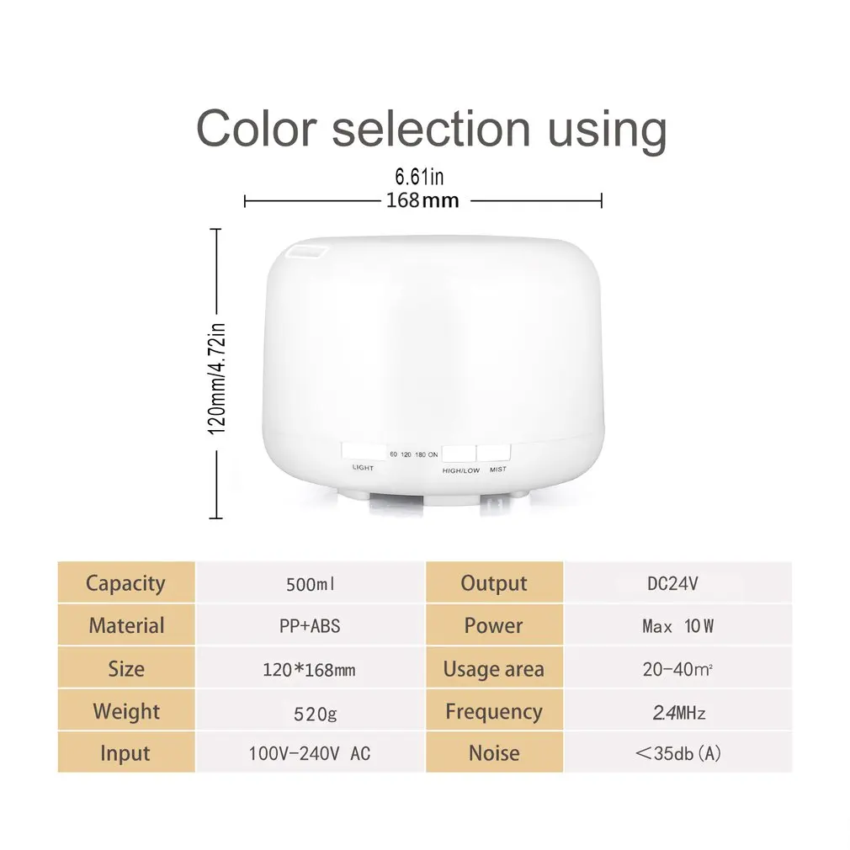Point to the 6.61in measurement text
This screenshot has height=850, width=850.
point(419,178)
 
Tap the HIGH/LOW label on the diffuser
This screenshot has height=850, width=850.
point(460,470)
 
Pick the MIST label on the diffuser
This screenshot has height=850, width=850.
point(497,470)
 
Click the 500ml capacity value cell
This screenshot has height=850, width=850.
point(310,583)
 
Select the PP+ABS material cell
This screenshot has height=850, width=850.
point(310,626)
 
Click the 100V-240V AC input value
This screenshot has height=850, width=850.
point(310,753)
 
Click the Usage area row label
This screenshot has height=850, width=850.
point(494,670)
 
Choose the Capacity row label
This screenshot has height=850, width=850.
point(125,583)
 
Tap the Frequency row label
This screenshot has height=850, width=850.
point(494,712)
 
